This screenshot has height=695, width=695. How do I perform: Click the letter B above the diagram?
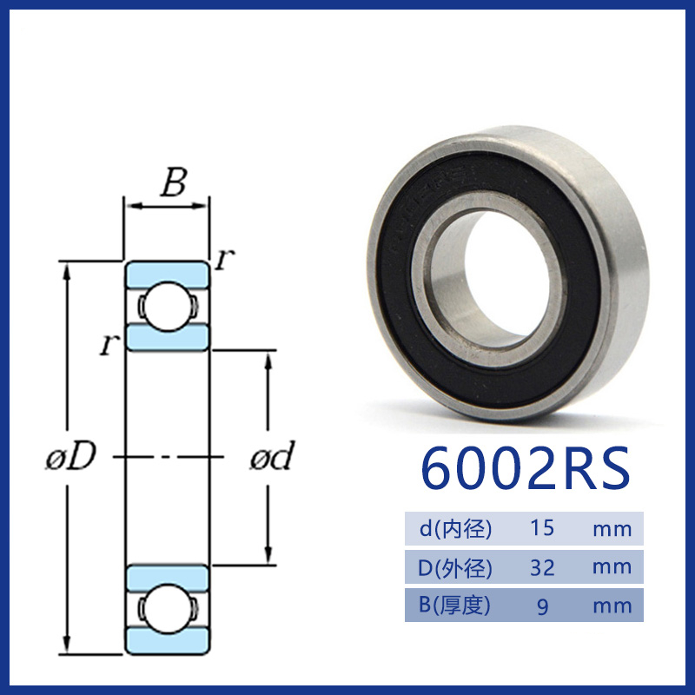174,182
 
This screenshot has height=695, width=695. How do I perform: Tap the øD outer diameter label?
71,455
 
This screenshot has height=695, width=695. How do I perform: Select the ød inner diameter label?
272,455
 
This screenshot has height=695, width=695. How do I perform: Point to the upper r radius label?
225,259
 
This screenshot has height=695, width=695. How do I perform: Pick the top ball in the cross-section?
167,306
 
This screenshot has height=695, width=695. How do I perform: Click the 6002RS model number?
526,468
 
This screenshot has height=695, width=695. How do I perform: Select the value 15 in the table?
542,528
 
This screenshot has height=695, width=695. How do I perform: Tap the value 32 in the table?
542,567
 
